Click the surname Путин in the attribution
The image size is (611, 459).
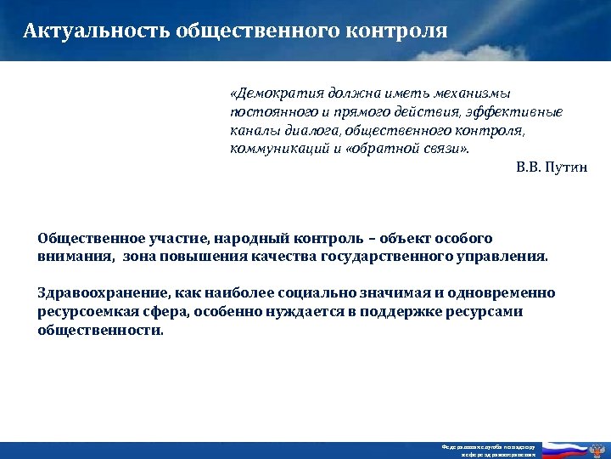567,167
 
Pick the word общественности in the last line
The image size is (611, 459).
100,330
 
